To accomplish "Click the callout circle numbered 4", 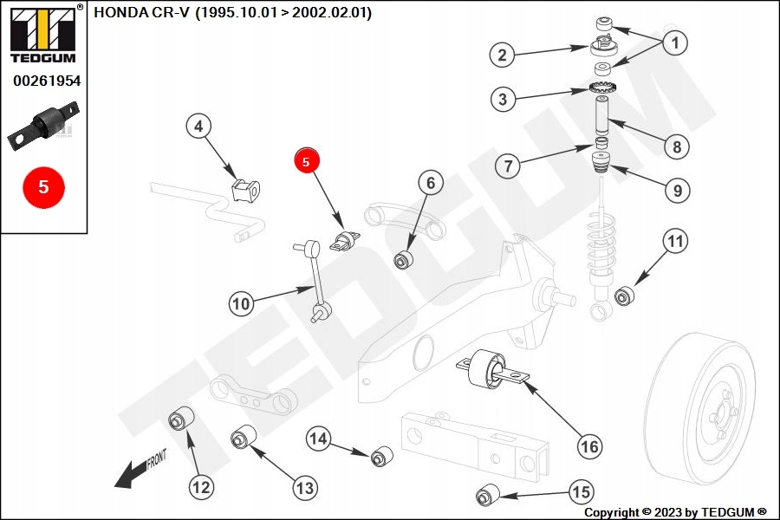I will click(198, 127).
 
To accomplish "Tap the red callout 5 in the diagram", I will click(307, 160).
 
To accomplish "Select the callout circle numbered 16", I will click(588, 446).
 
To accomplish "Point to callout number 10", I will click(242, 303).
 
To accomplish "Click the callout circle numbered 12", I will click(201, 487).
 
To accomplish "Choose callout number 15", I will click(580, 491).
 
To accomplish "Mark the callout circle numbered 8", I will click(677, 146).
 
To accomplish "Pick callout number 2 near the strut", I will click(502, 55).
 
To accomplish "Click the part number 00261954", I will click(46, 81).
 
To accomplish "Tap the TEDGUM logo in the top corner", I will click(43, 35).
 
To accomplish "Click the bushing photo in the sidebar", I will click(45, 127).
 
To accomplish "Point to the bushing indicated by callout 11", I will click(626, 296).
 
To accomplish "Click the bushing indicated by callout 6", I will click(404, 259).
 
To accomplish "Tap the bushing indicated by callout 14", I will click(381, 455).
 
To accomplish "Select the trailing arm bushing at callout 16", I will click(487, 367).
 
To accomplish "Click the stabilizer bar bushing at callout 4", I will click(247, 188).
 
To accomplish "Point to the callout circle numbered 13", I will click(304, 488).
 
